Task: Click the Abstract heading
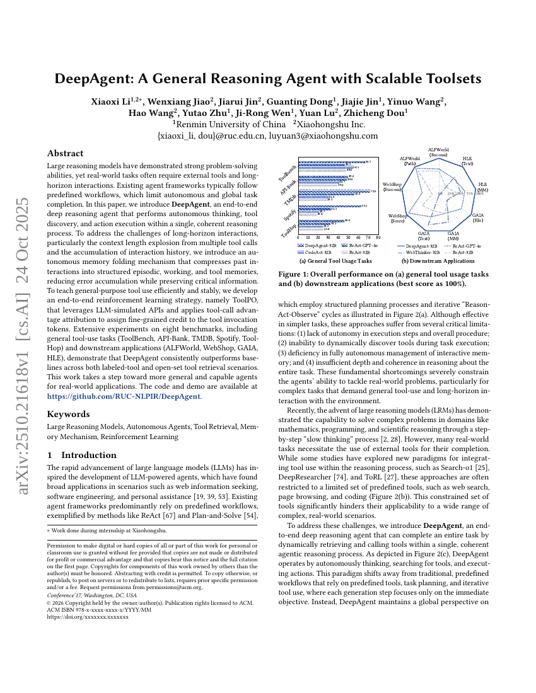pyautogui.click(x=66, y=153)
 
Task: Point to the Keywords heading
pyautogui.click(x=68, y=414)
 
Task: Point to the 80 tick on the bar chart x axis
pyautogui.click(x=378, y=238)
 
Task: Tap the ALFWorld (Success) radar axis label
pyautogui.click(x=439, y=152)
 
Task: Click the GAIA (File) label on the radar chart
pyautogui.click(x=478, y=218)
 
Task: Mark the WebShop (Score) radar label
pyautogui.click(x=397, y=218)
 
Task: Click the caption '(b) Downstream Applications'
pyautogui.click(x=438, y=261)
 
